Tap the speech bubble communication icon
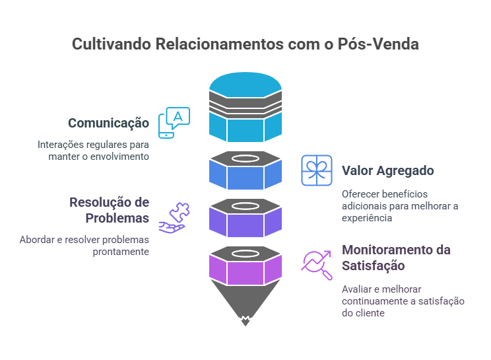(x=174, y=122)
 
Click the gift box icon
(x=317, y=170)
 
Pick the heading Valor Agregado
(x=387, y=170)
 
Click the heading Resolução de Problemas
(x=110, y=210)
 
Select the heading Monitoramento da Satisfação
(x=396, y=258)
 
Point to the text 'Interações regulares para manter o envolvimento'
(x=93, y=150)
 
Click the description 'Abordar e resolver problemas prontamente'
(x=84, y=246)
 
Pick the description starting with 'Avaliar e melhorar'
(x=403, y=301)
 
